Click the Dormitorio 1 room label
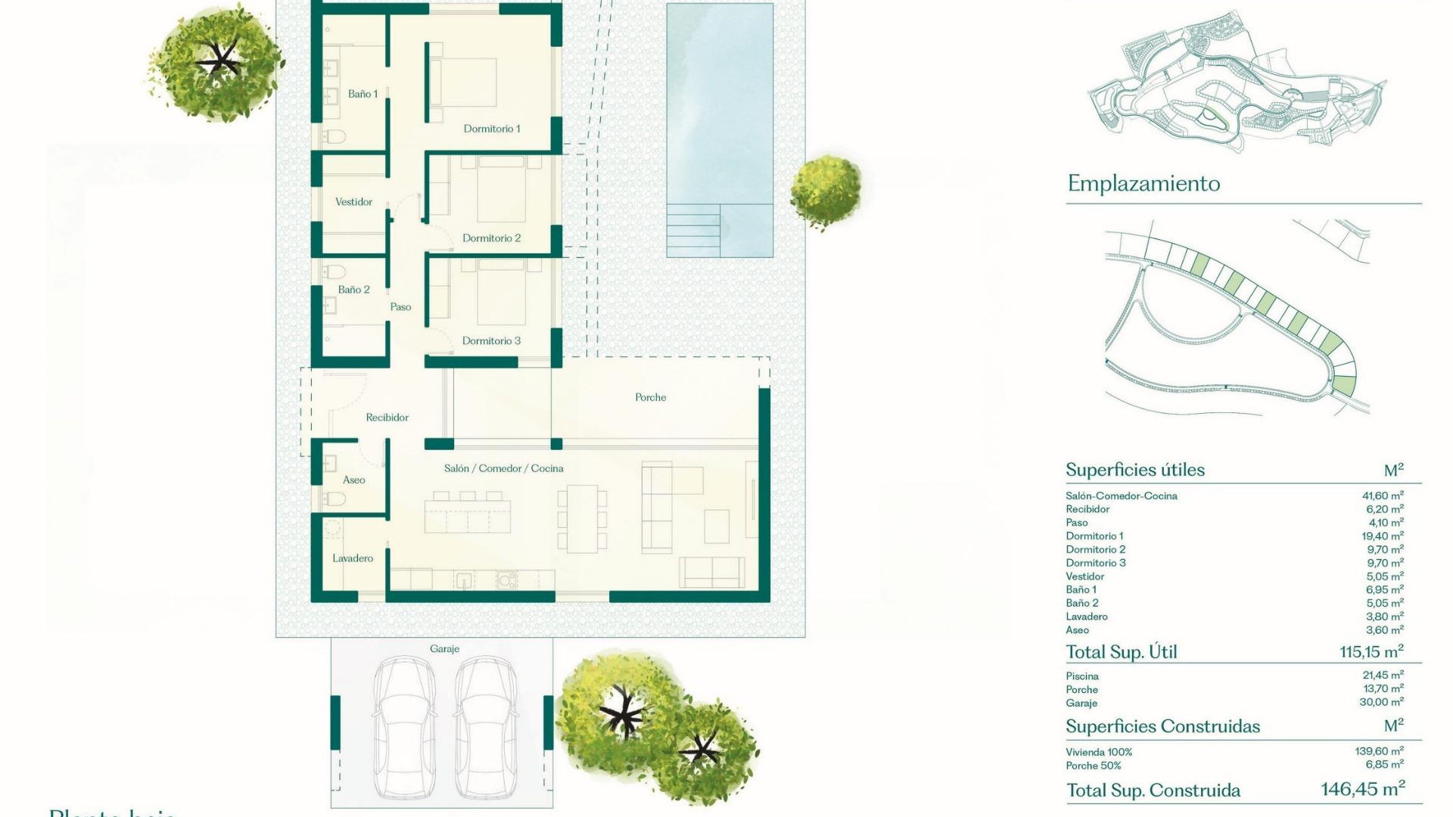coord(492,129)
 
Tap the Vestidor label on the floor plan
coord(353,202)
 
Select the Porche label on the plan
coord(650,397)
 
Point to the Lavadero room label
coord(353,558)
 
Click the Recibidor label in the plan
coord(387,418)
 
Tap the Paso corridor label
coord(400,307)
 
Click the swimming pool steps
coord(692,231)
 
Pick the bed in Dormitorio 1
coord(463,82)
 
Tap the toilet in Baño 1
coord(334,137)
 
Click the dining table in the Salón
coord(582,519)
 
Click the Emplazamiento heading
coord(1143,184)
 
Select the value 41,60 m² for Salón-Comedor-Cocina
coord(1383,496)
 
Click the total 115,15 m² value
coord(1371,651)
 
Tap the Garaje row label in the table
coord(1081,704)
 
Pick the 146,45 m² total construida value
coord(1363,789)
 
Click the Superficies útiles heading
coord(1135,470)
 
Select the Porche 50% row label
coord(1094,766)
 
